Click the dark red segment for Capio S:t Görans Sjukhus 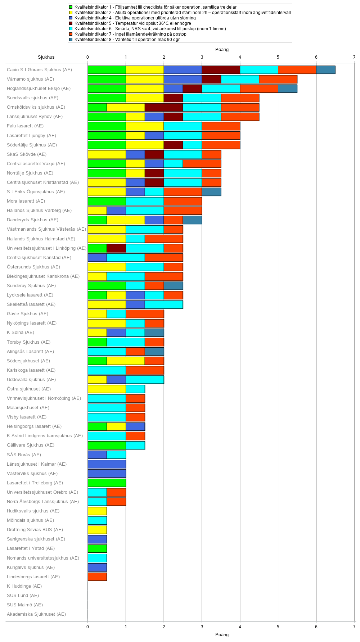(221, 70)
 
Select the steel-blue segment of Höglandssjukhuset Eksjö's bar (287, 89)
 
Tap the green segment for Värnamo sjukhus (107, 79)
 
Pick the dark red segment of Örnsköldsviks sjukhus (164, 107)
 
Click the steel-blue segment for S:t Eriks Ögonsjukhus (211, 192)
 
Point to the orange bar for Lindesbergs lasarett (97, 577)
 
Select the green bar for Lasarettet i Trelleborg (107, 483)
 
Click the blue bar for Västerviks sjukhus (107, 473)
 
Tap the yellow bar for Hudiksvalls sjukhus (97, 511)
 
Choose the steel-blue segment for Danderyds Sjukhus (192, 220)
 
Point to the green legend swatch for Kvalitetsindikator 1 (71, 7)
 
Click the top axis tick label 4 (240, 57)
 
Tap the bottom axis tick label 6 (316, 627)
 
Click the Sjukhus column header (46, 57)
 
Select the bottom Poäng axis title (222, 634)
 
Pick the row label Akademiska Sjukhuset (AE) (36, 614)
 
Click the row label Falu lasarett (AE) (25, 126)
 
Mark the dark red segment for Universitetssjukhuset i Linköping (116, 248)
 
